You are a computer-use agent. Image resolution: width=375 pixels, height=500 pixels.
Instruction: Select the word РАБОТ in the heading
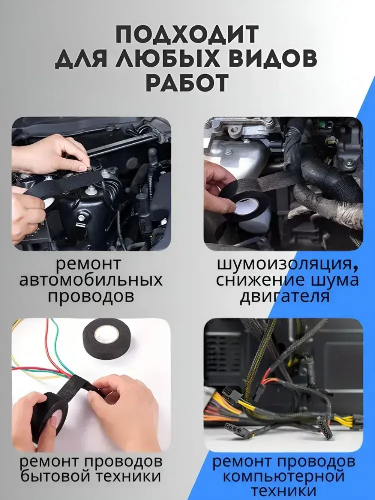pos(186,83)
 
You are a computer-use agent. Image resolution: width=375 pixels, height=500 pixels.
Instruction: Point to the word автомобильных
pos(91,280)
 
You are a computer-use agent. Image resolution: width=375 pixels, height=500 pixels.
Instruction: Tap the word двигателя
pos(285,297)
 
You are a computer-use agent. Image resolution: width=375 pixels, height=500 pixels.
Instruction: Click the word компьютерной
pos(283,477)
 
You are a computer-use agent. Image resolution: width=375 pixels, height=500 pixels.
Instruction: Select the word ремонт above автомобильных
pos(88,264)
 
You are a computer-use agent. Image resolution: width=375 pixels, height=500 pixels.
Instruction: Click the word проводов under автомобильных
pos(91,296)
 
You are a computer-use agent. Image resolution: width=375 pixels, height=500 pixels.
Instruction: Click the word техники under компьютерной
pos(284,491)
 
